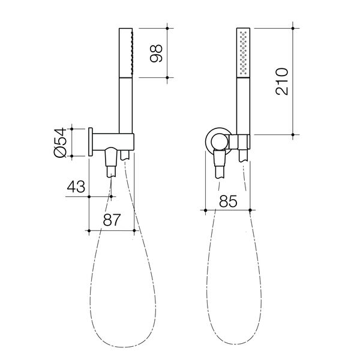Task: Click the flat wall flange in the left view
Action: click(x=91, y=142)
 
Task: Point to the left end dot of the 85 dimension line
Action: click(x=206, y=209)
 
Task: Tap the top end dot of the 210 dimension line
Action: click(x=293, y=26)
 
